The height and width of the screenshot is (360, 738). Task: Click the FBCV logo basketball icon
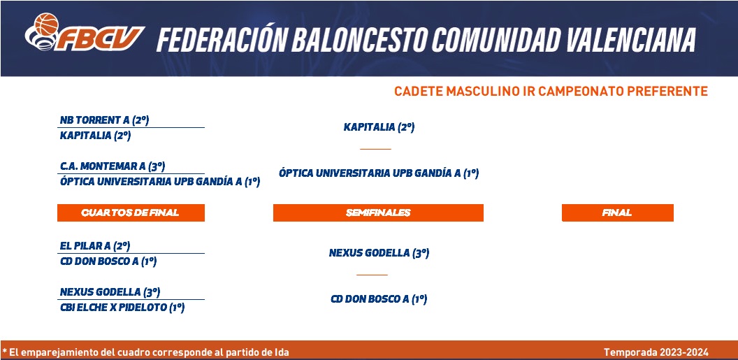[46, 24]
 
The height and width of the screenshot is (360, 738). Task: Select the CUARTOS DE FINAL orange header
[131, 213]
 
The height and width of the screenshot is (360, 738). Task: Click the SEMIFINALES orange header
[378, 213]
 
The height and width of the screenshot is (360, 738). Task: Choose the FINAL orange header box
[618, 213]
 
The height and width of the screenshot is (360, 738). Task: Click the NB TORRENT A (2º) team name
[105, 120]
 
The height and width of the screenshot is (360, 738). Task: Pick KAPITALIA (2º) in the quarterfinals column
[96, 136]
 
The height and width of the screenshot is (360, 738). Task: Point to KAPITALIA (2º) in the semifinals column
[379, 127]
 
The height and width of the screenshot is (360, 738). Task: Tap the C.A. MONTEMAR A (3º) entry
[113, 166]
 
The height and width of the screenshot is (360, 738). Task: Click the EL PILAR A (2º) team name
[95, 246]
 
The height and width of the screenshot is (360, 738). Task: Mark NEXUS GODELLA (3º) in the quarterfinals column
[110, 292]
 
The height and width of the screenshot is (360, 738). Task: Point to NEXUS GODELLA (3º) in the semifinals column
[379, 253]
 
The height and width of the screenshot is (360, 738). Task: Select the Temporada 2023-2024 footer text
[656, 352]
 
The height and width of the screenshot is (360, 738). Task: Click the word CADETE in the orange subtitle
[419, 92]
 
